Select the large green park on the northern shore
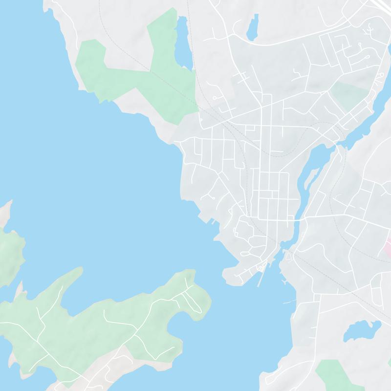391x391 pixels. tap(132, 68)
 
